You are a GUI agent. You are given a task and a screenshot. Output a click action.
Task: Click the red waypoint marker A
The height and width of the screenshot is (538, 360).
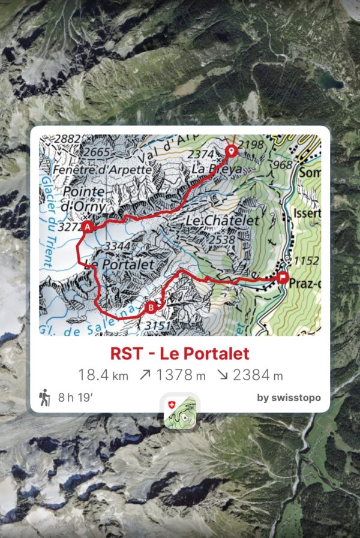[x=88, y=227]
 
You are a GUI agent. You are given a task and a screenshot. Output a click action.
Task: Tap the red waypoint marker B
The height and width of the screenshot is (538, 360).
[x=151, y=308]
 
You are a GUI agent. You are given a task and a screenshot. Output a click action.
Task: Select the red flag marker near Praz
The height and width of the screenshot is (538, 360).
[x=283, y=277]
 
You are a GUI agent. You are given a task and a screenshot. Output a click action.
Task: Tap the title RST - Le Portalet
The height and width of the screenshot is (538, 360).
[x=179, y=353]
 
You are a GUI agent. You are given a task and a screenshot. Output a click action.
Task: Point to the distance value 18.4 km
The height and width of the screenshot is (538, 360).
[x=103, y=375]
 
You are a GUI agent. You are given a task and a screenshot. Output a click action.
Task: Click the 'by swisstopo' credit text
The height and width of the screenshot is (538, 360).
[x=289, y=398]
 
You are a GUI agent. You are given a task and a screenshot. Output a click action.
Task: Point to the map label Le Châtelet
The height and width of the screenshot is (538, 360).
[x=223, y=221]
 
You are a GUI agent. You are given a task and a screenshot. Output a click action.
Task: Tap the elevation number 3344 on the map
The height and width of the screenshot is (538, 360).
[x=118, y=247]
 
